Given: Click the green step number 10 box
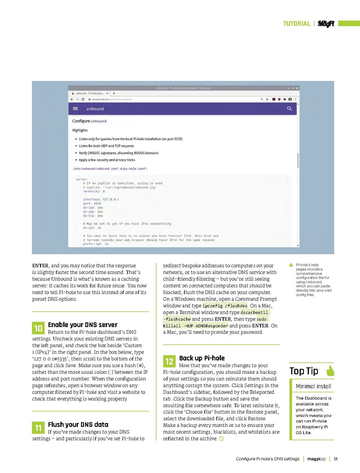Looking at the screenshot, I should pyautogui.click(x=38, y=328).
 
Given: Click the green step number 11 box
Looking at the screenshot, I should pyautogui.click(x=38, y=428).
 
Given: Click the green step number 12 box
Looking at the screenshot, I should pyautogui.click(x=169, y=361).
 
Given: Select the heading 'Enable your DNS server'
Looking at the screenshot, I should pyautogui.click(x=83, y=325).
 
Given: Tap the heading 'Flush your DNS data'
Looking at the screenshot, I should pyautogui.click(x=78, y=424).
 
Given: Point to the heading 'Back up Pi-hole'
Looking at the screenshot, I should pyautogui.click(x=202, y=358).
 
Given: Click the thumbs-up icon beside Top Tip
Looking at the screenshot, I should pyautogui.click(x=330, y=371).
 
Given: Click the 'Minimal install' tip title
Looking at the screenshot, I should pyautogui.click(x=313, y=386).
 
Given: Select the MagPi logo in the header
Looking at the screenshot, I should pyautogui.click(x=326, y=23).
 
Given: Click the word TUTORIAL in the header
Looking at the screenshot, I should pyautogui.click(x=297, y=24).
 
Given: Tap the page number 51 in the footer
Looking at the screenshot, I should pyautogui.click(x=336, y=459).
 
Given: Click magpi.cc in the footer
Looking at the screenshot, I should pyautogui.click(x=316, y=459).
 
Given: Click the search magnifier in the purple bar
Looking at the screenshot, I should pyautogui.click(x=289, y=109).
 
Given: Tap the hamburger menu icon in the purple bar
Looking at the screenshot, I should pyautogui.click(x=75, y=109).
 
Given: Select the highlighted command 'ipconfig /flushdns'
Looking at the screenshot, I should pyautogui.click(x=225, y=306).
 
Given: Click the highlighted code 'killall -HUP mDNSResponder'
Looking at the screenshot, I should pyautogui.click(x=196, y=326).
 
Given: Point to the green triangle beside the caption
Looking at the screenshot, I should pyautogui.click(x=291, y=265).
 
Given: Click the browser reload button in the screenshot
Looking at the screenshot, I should pyautogui.click(x=83, y=99).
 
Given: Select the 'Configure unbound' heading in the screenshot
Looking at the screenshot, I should pyautogui.click(x=89, y=121).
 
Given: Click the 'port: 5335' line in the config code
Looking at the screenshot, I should pyautogui.click(x=92, y=204).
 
